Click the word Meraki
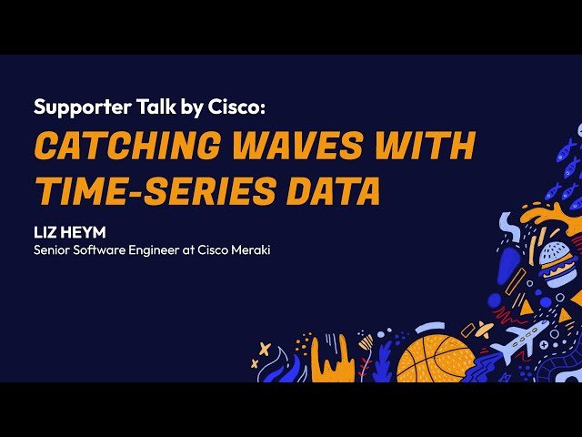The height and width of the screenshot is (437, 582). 249,247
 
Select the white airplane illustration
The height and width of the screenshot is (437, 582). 520,340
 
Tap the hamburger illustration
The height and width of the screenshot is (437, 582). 557,262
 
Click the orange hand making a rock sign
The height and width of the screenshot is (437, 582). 332,360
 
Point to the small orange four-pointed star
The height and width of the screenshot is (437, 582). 265,349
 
